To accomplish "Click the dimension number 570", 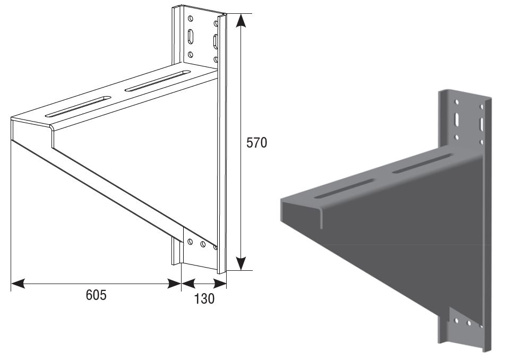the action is coord(256,143).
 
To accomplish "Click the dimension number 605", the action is coord(96,295).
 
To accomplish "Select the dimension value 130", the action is coord(204,299).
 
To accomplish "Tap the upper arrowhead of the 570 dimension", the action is coord(240,21).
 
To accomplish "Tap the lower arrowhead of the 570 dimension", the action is coord(240,263).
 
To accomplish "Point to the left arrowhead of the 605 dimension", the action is coord(18,284).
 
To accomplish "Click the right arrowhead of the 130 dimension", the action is coord(220,284).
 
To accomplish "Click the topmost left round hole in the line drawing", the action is coord(191,19).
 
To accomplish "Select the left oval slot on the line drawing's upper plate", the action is coord(191,36).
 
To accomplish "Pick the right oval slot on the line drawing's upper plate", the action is coord(215,41).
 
